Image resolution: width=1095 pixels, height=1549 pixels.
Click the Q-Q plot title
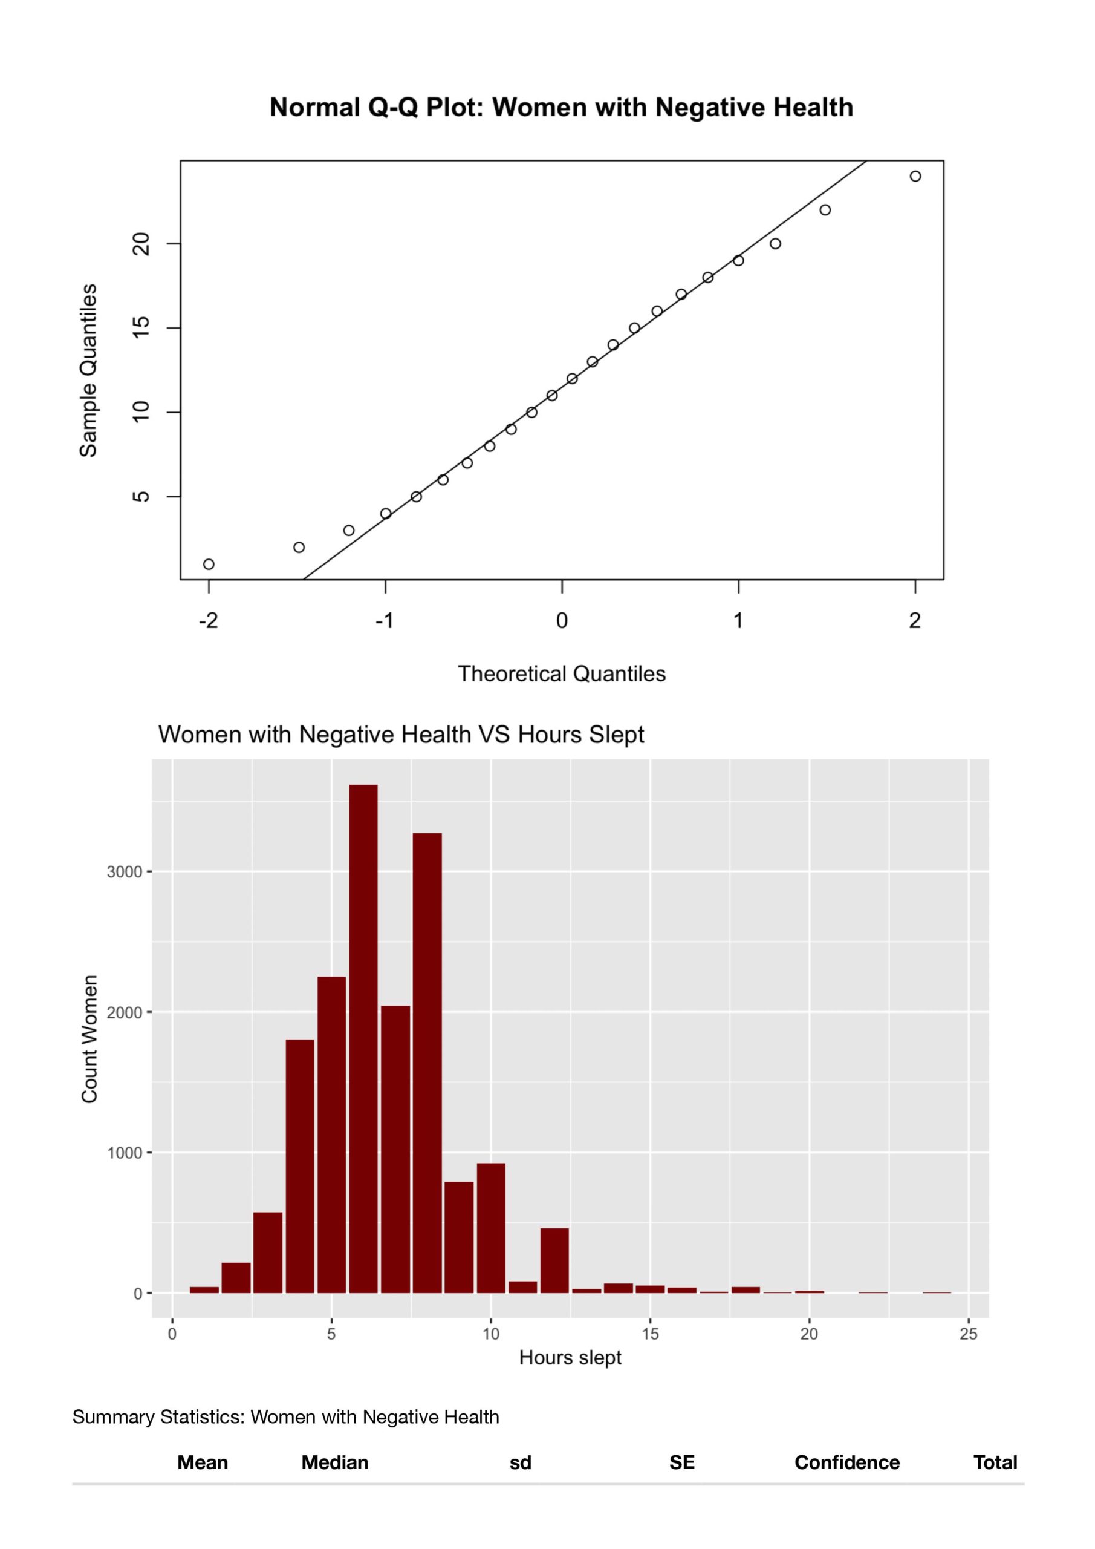(561, 107)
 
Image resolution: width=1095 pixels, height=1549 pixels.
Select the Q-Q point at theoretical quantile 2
(915, 176)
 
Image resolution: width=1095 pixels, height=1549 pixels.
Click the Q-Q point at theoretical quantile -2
(209, 564)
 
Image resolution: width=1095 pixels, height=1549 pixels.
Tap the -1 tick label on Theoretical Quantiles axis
(385, 621)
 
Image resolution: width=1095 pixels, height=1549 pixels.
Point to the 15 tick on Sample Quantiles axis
(141, 328)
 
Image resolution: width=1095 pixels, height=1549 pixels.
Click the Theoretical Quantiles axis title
(561, 674)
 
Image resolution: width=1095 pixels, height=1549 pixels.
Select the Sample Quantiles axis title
(88, 370)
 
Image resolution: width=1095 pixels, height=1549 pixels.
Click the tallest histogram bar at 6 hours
(363, 1039)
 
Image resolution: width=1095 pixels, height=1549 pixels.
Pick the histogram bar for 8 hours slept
(427, 1063)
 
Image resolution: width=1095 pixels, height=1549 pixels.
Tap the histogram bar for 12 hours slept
(554, 1260)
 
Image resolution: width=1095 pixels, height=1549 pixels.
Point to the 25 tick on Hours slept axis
(968, 1334)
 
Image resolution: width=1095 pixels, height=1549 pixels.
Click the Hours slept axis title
(570, 1358)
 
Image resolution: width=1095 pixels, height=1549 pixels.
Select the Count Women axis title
(89, 1039)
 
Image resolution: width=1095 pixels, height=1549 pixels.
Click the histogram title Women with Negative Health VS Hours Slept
(401, 734)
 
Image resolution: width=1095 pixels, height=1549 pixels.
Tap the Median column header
(334, 1462)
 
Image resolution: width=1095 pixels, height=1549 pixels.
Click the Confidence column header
(847, 1462)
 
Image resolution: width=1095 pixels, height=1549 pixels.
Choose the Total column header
(995, 1462)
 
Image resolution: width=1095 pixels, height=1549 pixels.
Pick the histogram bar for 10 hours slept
(491, 1228)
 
